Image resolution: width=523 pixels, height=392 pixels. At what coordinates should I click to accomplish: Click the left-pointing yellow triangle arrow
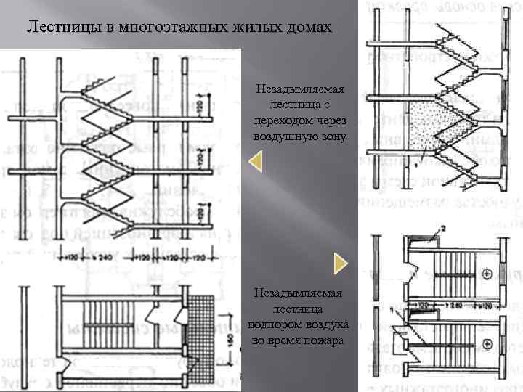coord(255,162)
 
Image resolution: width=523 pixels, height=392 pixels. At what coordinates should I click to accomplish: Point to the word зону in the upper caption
coord(331,136)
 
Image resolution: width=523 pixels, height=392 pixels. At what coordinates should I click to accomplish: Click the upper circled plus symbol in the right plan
coord(487,274)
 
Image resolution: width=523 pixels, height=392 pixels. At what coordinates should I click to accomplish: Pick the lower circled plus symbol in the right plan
coord(487,342)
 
